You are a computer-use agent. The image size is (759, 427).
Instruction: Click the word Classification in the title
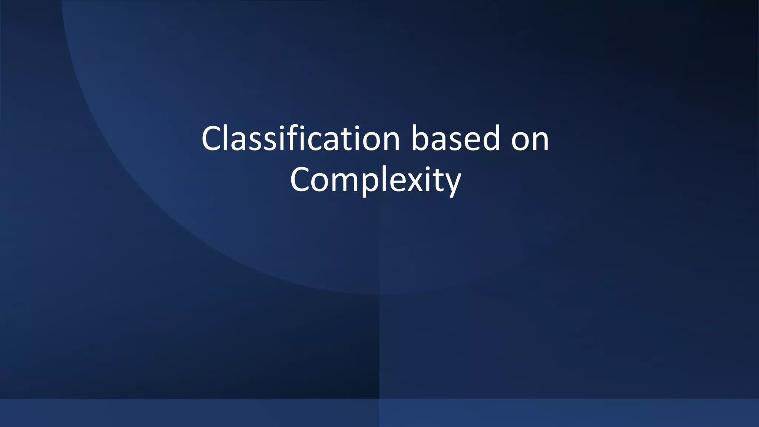pyautogui.click(x=301, y=139)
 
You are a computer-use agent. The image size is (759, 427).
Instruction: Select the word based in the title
pyautogui.click(x=456, y=139)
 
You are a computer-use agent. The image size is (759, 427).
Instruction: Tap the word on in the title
pyautogui.click(x=530, y=139)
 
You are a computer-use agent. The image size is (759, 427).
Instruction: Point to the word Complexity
pyautogui.click(x=375, y=180)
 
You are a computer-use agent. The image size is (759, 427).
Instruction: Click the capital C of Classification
pyautogui.click(x=213, y=139)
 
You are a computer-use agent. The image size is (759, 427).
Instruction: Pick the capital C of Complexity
pyautogui.click(x=301, y=180)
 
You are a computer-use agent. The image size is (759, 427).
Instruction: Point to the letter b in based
pyautogui.click(x=421, y=138)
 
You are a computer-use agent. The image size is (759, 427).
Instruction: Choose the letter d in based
pyautogui.click(x=492, y=138)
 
